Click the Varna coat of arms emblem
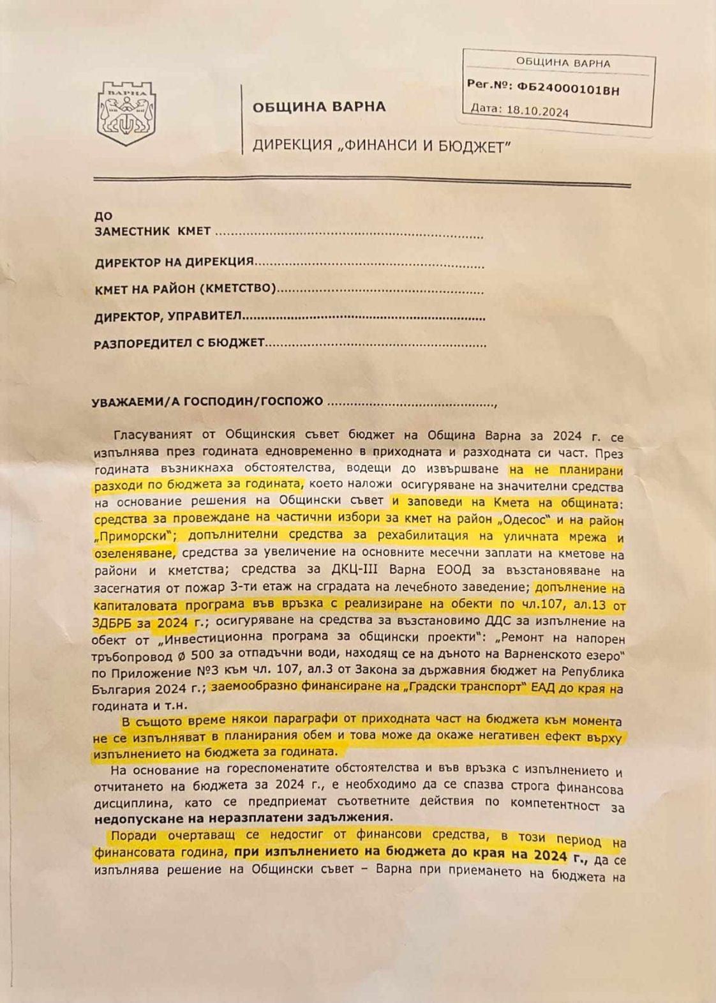pyautogui.click(x=126, y=113)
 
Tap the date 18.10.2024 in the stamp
pyautogui.click(x=537, y=110)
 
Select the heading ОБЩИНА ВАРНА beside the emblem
pyautogui.click(x=319, y=107)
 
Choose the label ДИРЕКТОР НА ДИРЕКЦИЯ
pyautogui.click(x=174, y=262)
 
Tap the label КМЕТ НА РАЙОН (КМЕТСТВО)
pyautogui.click(x=185, y=289)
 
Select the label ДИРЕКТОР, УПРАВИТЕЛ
pyautogui.click(x=168, y=317)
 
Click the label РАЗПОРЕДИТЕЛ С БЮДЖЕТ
pyautogui.click(x=179, y=343)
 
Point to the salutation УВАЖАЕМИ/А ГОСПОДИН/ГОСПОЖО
pyautogui.click(x=208, y=402)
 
